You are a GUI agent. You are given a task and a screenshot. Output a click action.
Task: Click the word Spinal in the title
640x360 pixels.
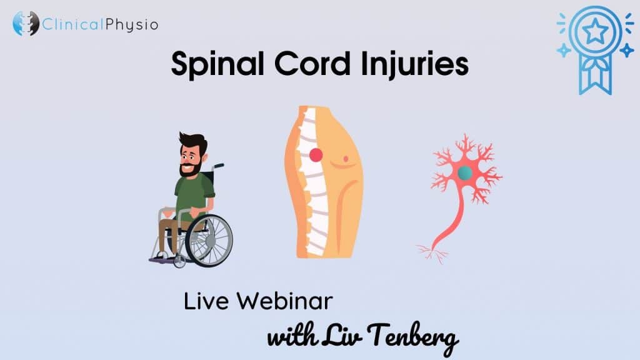tap(217, 64)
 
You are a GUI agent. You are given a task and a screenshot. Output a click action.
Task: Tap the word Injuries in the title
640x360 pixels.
tap(415, 64)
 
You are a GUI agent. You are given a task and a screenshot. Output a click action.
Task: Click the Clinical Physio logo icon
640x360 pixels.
tap(26, 23)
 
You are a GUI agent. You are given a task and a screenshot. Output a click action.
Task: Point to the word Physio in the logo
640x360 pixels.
tap(132, 25)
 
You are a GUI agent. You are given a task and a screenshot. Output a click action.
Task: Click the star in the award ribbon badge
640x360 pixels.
tap(595, 31)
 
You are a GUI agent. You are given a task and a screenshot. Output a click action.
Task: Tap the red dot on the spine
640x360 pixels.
tap(316, 155)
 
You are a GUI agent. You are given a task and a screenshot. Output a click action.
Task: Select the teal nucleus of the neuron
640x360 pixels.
tap(465, 173)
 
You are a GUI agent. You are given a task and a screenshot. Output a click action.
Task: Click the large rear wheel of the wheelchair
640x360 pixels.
tap(209, 241)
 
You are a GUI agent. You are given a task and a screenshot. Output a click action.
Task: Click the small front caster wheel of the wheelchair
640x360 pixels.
tap(179, 262)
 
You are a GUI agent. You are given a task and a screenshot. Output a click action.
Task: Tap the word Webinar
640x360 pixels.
tap(285, 301)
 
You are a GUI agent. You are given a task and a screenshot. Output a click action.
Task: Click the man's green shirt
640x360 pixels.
tap(194, 195)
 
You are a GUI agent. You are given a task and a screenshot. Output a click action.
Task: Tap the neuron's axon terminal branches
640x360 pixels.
tap(432, 252)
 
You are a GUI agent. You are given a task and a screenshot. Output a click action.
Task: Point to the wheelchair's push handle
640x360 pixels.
tap(218, 166)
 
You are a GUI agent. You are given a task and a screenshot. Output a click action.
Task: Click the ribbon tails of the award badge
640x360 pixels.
tap(596, 77)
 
